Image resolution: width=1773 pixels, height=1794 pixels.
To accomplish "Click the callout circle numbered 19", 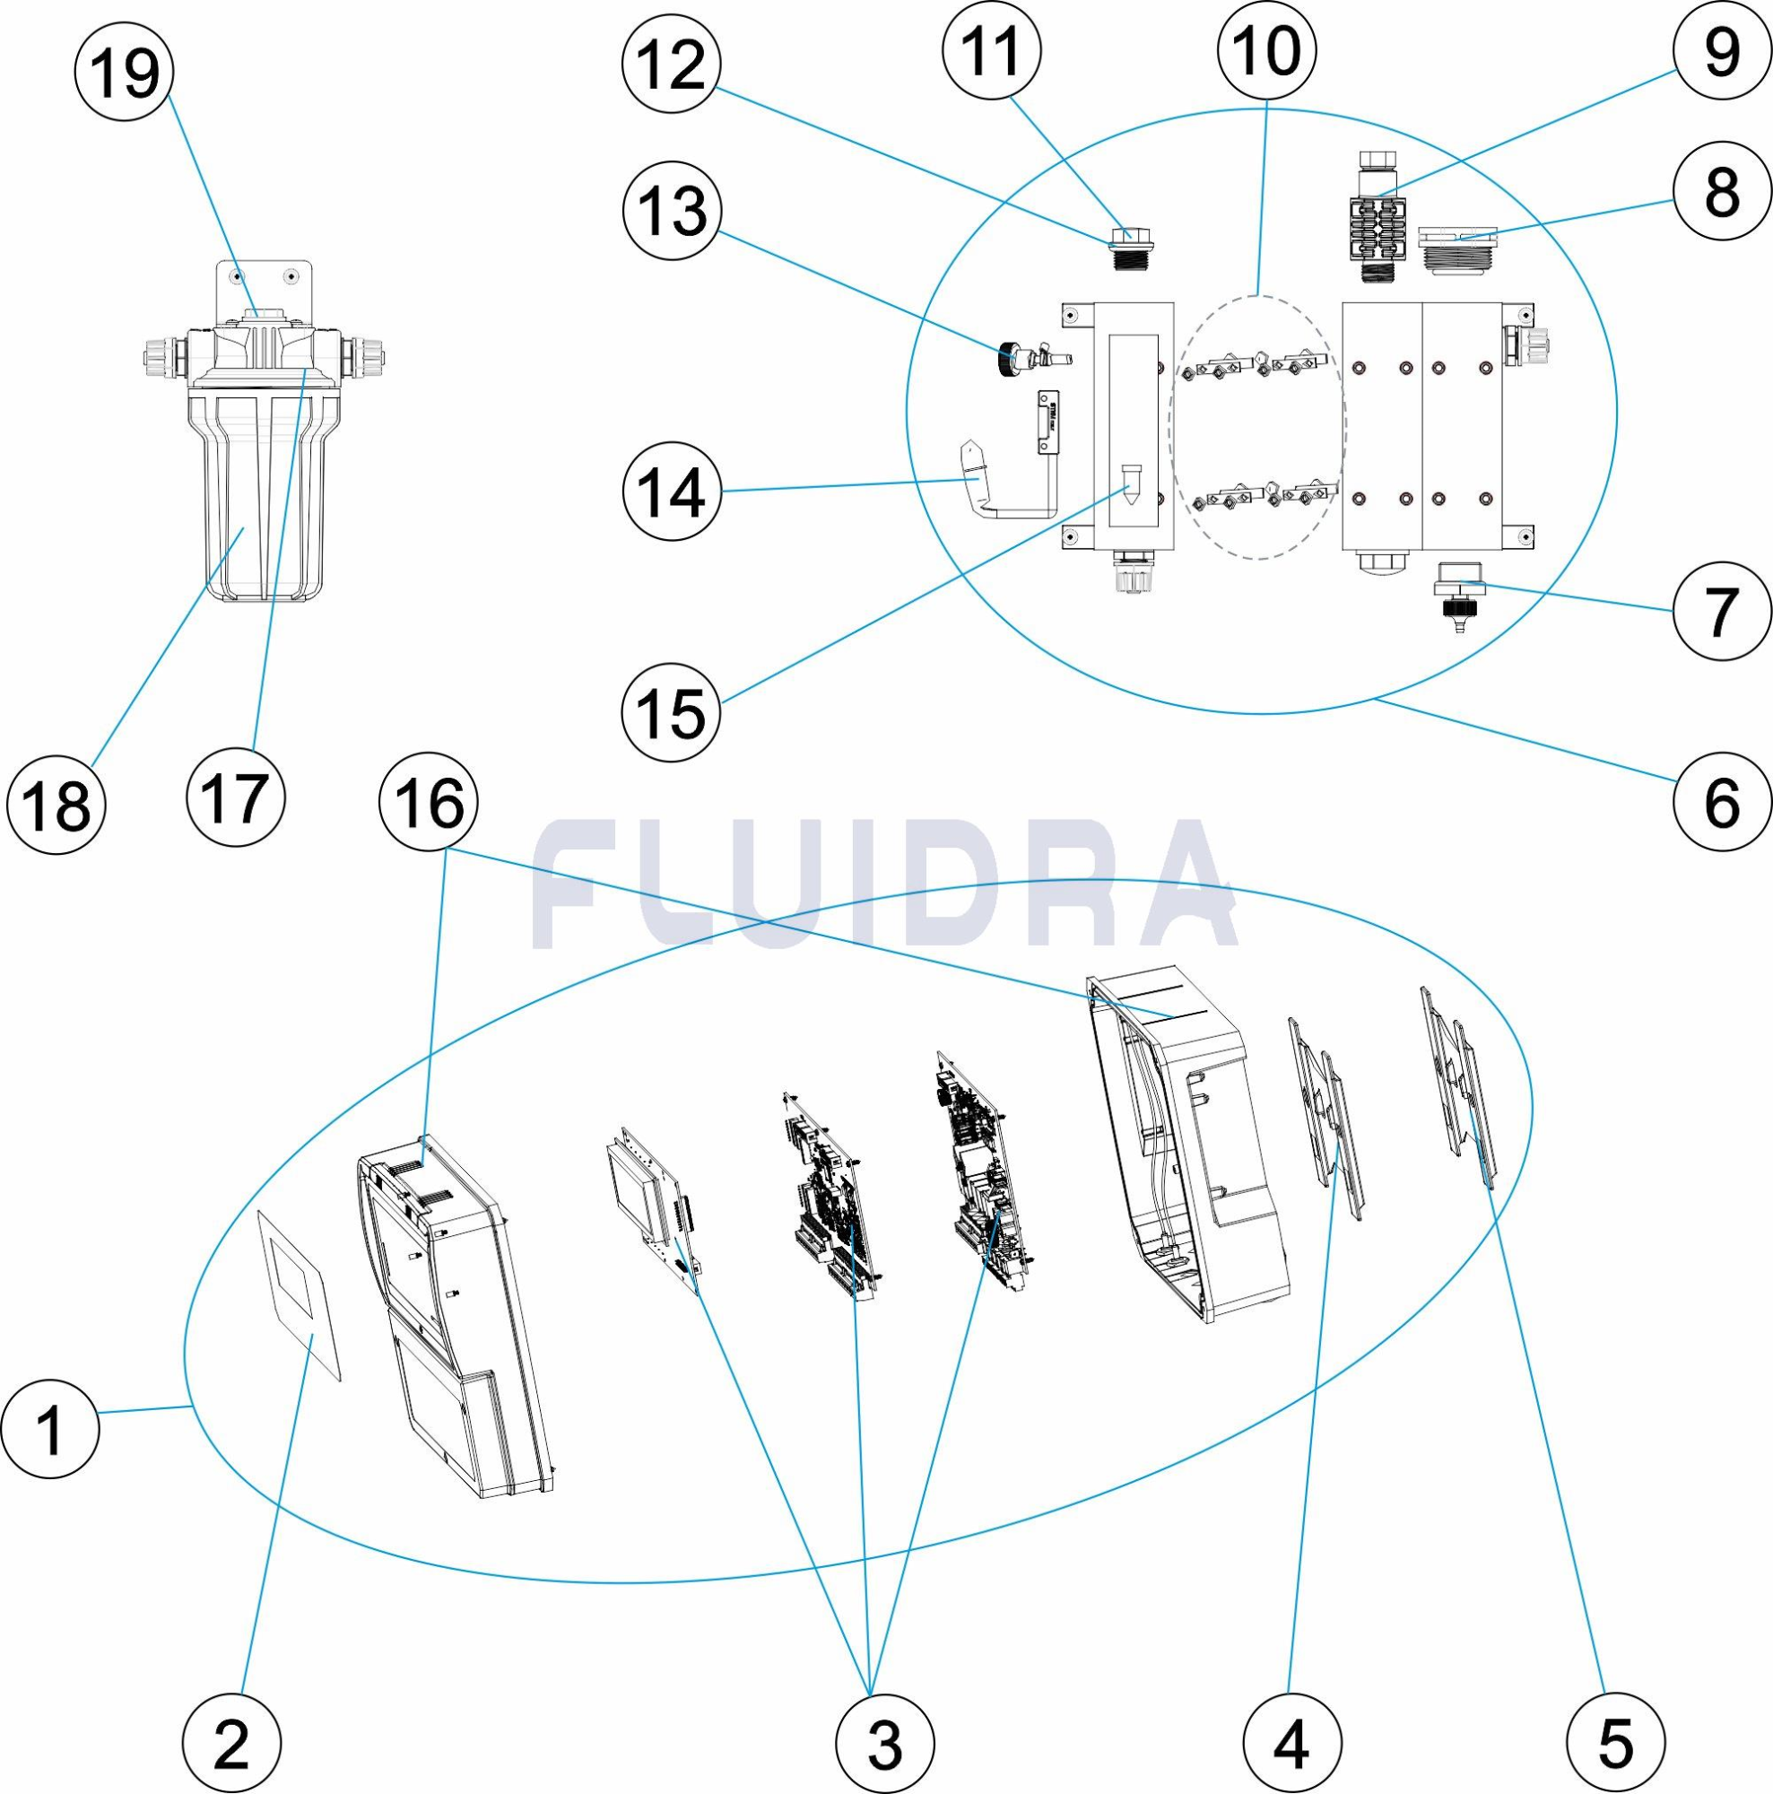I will (125, 72).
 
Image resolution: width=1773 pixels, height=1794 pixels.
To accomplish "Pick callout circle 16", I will (429, 802).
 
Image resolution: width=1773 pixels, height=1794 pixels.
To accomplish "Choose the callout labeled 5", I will (1615, 1743).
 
